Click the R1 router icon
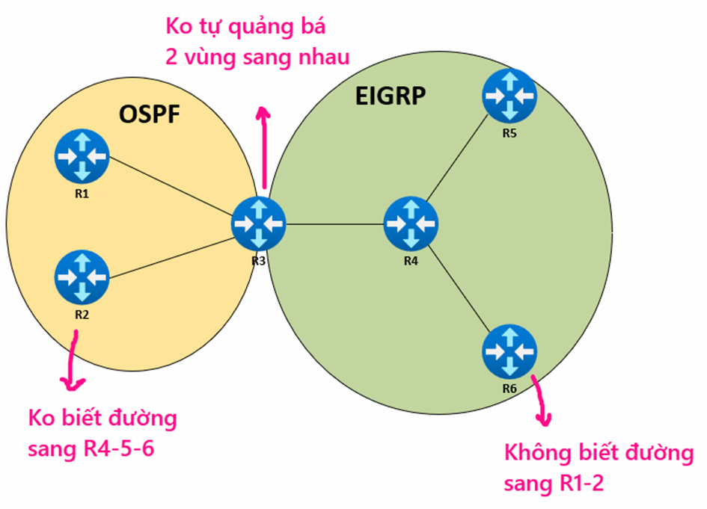click(x=82, y=156)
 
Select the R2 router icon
click(x=82, y=277)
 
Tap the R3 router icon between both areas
click(x=258, y=223)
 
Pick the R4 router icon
click(x=411, y=223)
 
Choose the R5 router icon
click(x=509, y=96)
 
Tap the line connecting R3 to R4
click(x=334, y=223)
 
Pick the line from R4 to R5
click(x=460, y=159)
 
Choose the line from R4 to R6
click(x=461, y=288)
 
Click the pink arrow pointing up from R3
click(x=264, y=149)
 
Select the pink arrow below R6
click(x=541, y=404)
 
